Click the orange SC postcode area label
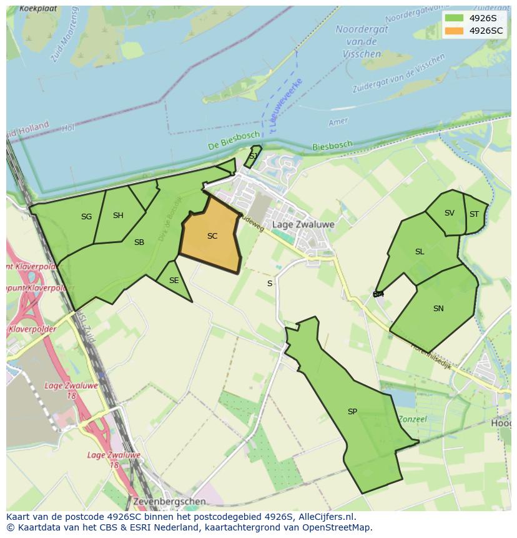click(212, 236)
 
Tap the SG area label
click(86, 217)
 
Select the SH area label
click(118, 216)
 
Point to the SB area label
click(139, 242)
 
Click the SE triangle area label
click(174, 281)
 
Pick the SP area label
click(352, 412)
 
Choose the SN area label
click(438, 309)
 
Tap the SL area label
click(420, 252)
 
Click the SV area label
click(450, 213)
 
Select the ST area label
click(474, 214)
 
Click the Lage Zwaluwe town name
click(303, 224)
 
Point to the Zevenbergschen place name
click(169, 501)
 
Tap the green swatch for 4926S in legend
click(454, 18)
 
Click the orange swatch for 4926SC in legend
click(454, 31)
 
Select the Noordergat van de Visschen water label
click(361, 41)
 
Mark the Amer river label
click(338, 122)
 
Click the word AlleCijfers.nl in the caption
click(327, 517)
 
